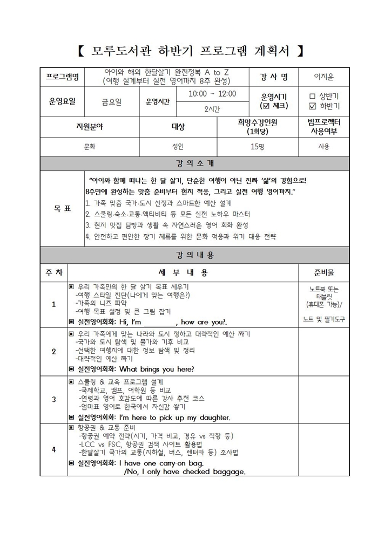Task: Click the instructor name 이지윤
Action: tap(323, 77)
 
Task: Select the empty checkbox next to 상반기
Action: tap(312, 95)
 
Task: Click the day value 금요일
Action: tap(112, 101)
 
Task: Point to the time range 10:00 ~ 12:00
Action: tap(212, 93)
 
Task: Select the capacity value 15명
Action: tap(258, 146)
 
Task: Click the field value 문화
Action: tap(90, 146)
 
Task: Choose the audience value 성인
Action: tap(178, 146)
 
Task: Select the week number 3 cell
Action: tap(54, 399)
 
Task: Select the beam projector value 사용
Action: tap(323, 146)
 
